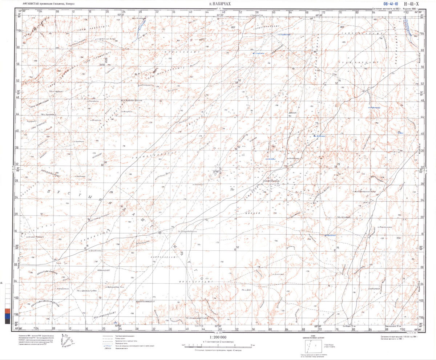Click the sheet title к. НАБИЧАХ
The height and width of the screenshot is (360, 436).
pos(220,4)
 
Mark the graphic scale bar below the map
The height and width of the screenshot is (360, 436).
pos(214,346)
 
